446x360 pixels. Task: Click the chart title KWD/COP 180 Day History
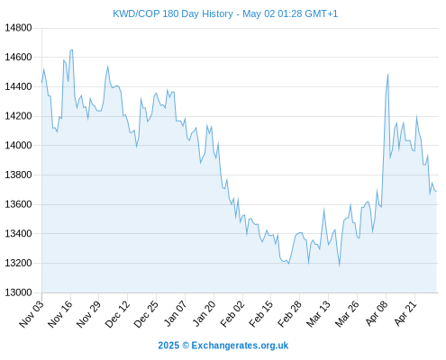point(173,14)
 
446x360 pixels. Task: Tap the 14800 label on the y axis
point(18,28)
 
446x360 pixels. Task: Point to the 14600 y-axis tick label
point(18,57)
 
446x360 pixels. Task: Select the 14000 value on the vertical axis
point(18,145)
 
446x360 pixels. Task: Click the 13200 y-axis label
point(18,263)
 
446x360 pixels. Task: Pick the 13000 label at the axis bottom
point(18,292)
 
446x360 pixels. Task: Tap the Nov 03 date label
point(32,314)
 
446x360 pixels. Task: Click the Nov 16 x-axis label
point(60,314)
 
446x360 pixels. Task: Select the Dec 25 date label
point(146,314)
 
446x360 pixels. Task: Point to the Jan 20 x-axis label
point(204,314)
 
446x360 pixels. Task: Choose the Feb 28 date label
point(289,314)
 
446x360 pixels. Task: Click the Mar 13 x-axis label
point(318,314)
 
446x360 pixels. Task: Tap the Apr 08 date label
point(377,314)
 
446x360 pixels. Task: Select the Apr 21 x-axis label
point(405,314)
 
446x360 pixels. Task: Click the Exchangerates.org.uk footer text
point(240,346)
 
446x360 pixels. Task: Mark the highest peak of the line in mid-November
point(72,49)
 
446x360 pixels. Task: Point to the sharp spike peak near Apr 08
point(388,75)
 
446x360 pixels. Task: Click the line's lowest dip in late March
point(340,265)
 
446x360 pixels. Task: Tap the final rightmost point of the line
point(436,192)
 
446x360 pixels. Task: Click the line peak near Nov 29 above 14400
point(107,67)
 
